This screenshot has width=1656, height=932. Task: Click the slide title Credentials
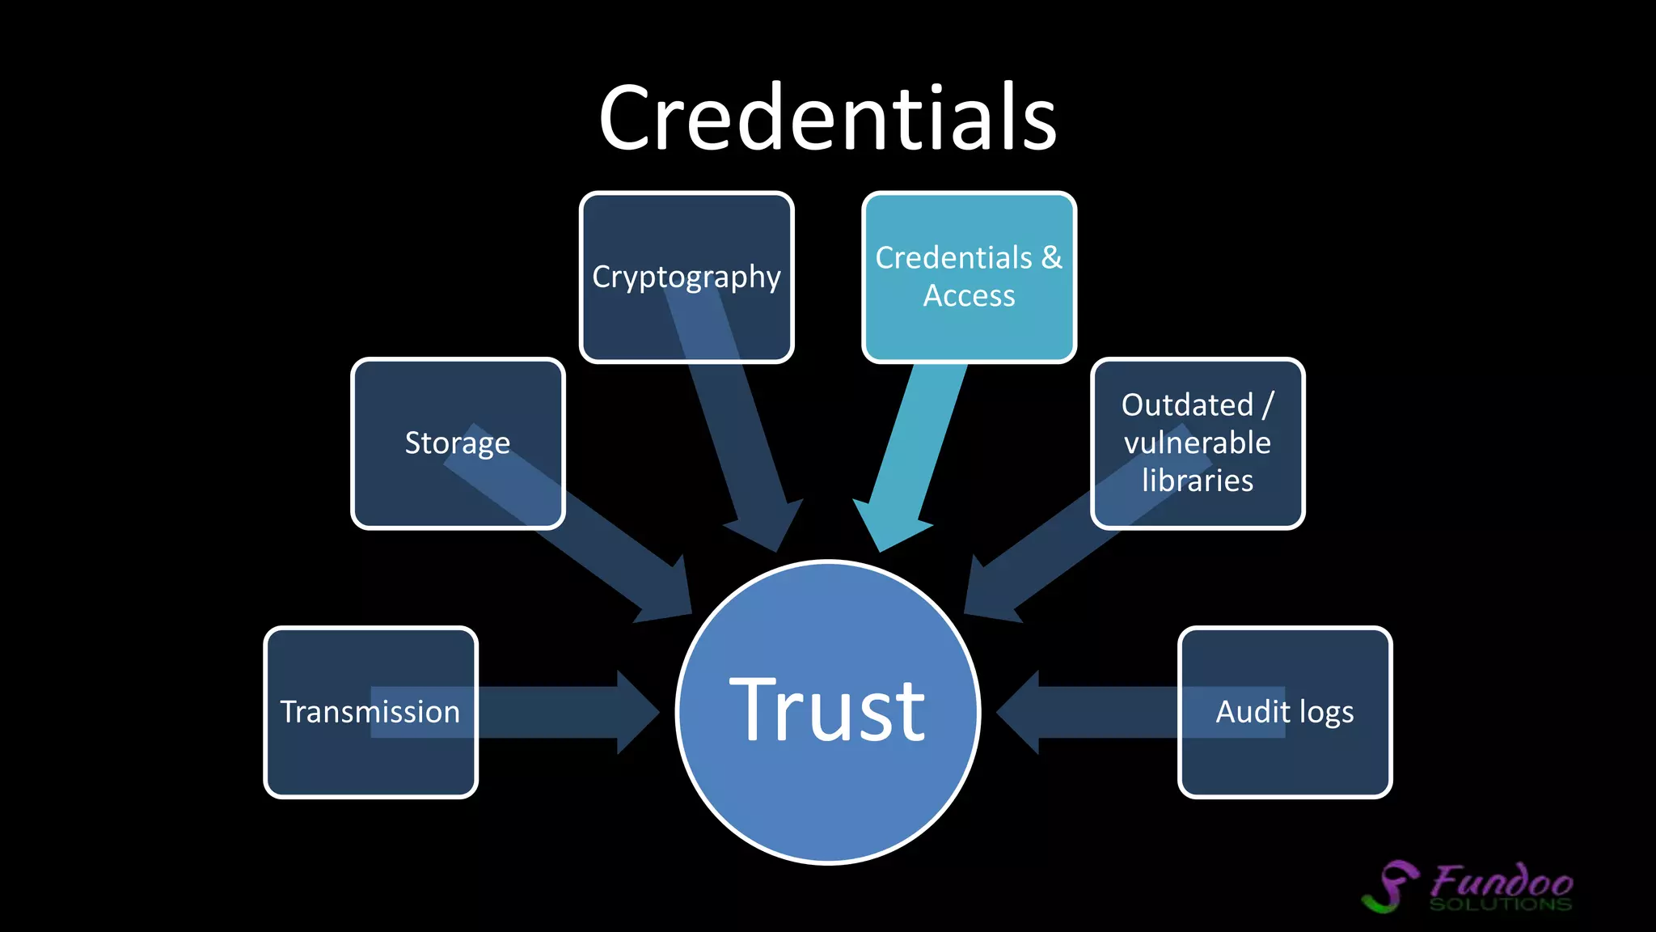828,118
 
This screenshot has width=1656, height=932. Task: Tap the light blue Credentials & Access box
969,277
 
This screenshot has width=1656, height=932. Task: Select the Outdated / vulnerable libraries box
1198,443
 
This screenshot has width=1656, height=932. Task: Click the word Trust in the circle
827,710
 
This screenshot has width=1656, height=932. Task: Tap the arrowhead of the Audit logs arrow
1020,712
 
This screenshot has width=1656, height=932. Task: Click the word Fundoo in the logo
1502,880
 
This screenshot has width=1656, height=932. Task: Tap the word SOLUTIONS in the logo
1500,904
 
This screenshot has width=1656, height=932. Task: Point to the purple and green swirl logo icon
1391,887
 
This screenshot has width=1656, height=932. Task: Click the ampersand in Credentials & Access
1051,257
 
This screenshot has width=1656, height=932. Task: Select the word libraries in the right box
1198,481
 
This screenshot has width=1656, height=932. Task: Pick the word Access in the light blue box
969,296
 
